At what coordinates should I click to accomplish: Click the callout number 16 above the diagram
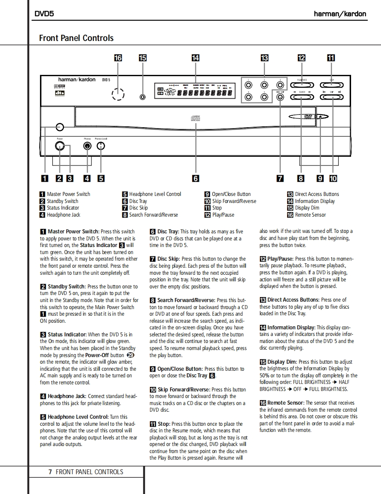pyautogui.click(x=118, y=58)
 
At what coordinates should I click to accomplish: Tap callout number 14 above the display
pyautogui.click(x=195, y=58)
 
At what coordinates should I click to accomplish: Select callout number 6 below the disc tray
pyautogui.click(x=196, y=178)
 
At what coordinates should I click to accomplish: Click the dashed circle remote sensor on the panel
pyautogui.click(x=118, y=94)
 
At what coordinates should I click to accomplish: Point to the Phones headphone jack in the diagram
pyautogui.click(x=88, y=146)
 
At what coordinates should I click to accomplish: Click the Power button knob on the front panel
pyautogui.click(x=60, y=146)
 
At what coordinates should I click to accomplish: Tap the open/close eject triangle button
pyautogui.click(x=320, y=117)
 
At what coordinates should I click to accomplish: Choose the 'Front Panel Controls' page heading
pyautogui.click(x=76, y=38)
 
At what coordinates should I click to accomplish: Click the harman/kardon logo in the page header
pyautogui.click(x=340, y=14)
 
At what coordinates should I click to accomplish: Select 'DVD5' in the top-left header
pyautogui.click(x=44, y=14)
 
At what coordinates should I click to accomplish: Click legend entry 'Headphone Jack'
pyautogui.click(x=64, y=215)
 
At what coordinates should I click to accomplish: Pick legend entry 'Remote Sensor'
pyautogui.click(x=311, y=215)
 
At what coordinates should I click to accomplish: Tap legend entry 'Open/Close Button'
pyautogui.click(x=231, y=194)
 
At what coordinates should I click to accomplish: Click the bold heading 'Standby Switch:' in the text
pyautogui.click(x=67, y=287)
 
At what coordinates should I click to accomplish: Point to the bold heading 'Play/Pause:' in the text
pyautogui.click(x=280, y=259)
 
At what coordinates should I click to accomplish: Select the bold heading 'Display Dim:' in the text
pyautogui.click(x=282, y=362)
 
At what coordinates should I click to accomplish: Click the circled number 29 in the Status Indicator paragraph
pyautogui.click(x=130, y=355)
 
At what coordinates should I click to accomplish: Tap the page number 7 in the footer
pyautogui.click(x=50, y=472)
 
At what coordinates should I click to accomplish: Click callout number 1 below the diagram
pyautogui.click(x=44, y=178)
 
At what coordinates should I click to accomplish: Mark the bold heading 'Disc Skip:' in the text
pyautogui.click(x=168, y=259)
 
